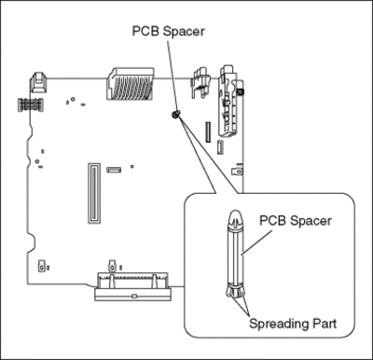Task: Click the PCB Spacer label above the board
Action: [x=168, y=32]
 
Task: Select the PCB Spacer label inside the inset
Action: [x=296, y=221]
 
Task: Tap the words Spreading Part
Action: [x=293, y=324]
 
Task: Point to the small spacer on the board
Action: [x=175, y=114]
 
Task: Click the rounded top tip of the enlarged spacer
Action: [x=236, y=215]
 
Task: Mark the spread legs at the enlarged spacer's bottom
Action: [x=235, y=293]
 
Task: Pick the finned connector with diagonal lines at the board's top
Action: [x=130, y=84]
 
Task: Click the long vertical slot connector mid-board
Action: [x=94, y=193]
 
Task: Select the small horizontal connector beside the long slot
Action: [x=114, y=170]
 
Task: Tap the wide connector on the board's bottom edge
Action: [x=132, y=286]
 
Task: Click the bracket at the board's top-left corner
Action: [x=38, y=82]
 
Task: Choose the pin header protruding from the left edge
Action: [x=30, y=104]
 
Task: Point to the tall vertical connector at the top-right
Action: [x=228, y=101]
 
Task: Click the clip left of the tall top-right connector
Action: [x=200, y=82]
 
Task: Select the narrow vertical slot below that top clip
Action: [x=208, y=132]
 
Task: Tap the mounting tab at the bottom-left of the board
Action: [x=41, y=266]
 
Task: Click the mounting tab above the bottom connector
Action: [x=112, y=266]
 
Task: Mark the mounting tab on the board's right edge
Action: [x=238, y=170]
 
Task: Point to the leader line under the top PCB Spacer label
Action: [x=173, y=75]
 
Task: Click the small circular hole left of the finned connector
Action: [x=73, y=99]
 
